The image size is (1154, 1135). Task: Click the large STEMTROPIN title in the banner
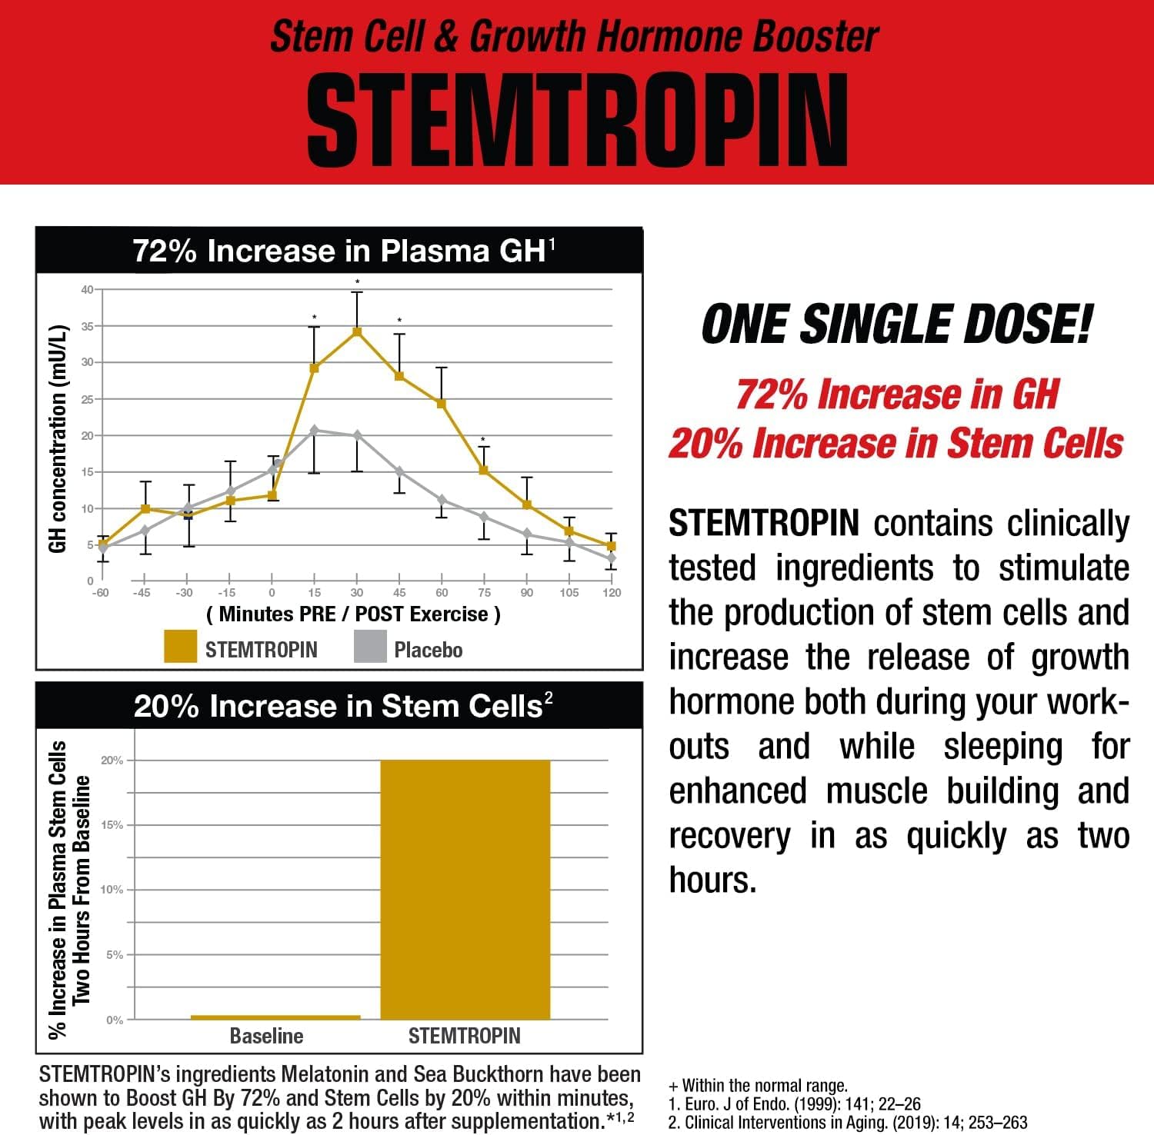[x=577, y=121]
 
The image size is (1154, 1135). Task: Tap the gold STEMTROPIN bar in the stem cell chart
[x=465, y=889]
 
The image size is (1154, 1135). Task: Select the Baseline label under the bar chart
[x=266, y=1036]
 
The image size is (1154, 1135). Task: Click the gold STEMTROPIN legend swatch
[x=180, y=647]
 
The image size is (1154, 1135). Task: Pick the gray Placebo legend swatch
[x=370, y=647]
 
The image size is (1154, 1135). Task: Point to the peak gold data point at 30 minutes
[x=357, y=331]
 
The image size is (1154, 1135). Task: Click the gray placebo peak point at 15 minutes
[x=314, y=430]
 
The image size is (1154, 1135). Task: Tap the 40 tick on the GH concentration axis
[x=87, y=290]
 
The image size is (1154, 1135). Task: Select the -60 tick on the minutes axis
[x=100, y=593]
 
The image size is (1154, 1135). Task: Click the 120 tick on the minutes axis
[x=612, y=593]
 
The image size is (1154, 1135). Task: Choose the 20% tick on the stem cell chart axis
[x=112, y=761]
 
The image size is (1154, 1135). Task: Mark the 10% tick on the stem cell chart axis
[x=112, y=890]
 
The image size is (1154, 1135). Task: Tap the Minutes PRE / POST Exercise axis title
[x=354, y=614]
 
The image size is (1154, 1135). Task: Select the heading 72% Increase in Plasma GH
[x=343, y=251]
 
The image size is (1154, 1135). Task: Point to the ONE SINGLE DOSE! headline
[x=896, y=324]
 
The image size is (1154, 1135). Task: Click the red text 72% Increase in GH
[x=897, y=394]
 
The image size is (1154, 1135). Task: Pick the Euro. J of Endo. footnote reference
[x=795, y=1104]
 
